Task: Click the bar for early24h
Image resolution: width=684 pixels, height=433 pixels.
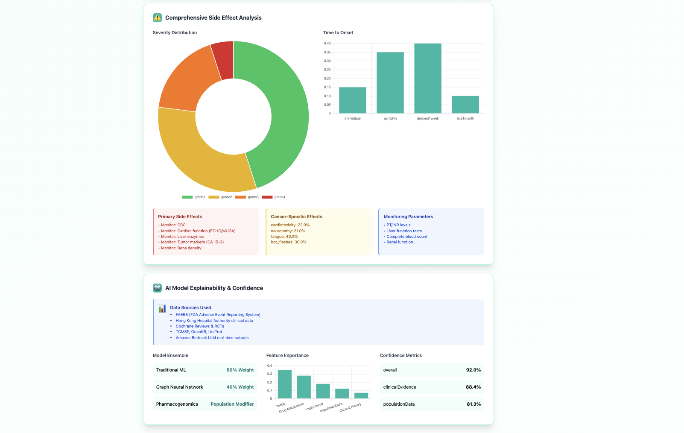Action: [x=390, y=83]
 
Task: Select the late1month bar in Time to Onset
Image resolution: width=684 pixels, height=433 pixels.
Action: [x=465, y=105]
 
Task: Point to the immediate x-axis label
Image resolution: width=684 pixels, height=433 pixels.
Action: [x=352, y=119]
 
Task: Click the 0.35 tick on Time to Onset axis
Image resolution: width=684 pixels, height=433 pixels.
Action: [x=327, y=52]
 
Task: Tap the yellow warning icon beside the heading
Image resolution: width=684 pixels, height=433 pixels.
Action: [x=157, y=18]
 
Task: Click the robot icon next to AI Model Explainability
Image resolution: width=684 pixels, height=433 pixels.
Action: [x=157, y=288]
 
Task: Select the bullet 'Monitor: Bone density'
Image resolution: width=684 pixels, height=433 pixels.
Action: [x=181, y=248]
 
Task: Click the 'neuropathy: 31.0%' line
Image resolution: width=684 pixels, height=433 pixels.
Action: [x=288, y=231]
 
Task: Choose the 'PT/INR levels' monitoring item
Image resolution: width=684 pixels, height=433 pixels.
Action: [x=398, y=225]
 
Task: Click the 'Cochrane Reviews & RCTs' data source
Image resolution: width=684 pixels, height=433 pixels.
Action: [x=200, y=326]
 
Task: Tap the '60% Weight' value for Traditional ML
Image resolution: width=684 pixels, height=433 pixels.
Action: [x=240, y=370]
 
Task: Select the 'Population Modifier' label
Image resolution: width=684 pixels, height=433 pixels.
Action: [x=232, y=404]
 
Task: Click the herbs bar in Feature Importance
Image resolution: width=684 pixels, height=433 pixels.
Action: [x=285, y=384]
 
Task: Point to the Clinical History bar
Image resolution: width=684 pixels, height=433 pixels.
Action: [x=361, y=396]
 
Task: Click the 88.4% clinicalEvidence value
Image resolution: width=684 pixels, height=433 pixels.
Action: [x=473, y=387]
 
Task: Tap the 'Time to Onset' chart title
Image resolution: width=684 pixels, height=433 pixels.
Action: [x=338, y=33]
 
